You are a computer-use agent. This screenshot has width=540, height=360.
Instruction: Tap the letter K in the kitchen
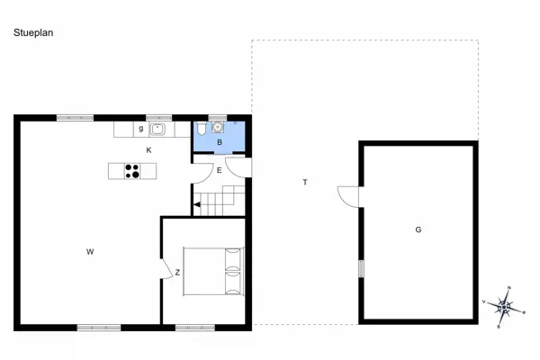[x=149, y=149]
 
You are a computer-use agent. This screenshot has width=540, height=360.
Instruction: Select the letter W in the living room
[x=90, y=252]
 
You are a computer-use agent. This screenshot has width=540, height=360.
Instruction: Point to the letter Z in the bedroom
[x=177, y=272]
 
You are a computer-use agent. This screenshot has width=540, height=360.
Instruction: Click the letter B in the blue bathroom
[x=220, y=143]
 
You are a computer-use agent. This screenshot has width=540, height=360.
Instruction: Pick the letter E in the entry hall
[x=220, y=170]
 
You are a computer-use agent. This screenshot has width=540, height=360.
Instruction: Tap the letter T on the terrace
[x=305, y=183]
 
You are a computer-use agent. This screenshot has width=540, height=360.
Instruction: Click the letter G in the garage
[x=418, y=230]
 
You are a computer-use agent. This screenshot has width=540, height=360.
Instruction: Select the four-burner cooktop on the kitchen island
[x=131, y=170]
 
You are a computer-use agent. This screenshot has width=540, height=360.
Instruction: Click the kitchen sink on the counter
[x=158, y=130]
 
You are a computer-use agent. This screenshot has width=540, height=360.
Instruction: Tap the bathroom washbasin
[x=218, y=128]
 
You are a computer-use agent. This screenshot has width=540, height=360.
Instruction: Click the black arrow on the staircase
[x=196, y=205]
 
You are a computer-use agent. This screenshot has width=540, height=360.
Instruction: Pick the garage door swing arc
[x=347, y=195]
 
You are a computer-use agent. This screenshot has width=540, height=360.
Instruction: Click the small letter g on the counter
[x=141, y=130]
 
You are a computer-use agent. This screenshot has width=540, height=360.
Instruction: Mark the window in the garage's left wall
[x=361, y=268]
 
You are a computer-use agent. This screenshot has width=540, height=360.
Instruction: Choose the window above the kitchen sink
[x=159, y=117]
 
